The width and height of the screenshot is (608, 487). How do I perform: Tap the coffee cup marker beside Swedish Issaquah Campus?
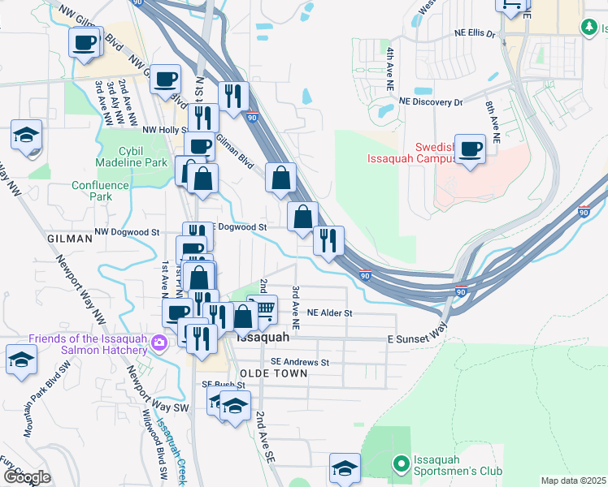471,149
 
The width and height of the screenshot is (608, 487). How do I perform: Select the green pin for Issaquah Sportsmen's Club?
401,464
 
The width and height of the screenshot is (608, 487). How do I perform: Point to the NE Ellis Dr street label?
475,33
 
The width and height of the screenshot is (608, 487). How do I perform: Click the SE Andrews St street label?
300,362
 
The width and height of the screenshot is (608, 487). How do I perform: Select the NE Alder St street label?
329,312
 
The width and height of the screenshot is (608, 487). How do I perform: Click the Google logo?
28,477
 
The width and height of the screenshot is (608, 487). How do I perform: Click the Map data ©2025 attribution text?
573,481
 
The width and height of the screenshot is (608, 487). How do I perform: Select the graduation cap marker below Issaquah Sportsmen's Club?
345,468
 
